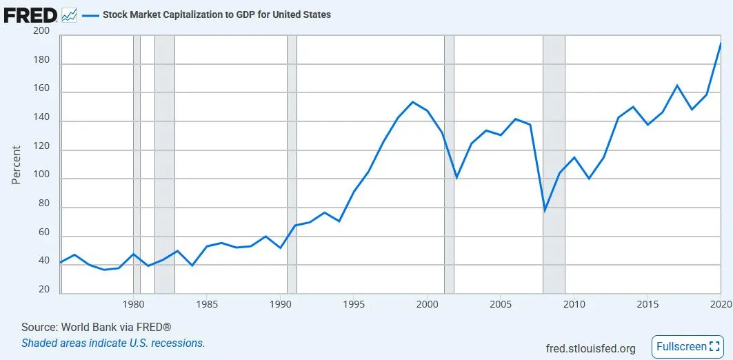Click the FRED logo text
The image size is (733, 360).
(30, 14)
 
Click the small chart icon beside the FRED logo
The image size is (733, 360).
(69, 14)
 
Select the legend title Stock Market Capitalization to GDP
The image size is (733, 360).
(217, 14)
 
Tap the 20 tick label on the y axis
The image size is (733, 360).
(44, 290)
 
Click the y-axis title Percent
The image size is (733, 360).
(17, 164)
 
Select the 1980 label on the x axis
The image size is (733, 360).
(133, 304)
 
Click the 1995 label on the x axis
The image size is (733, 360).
(354, 304)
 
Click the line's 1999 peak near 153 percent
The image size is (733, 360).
(412, 102)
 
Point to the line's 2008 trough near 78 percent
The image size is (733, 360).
(544, 210)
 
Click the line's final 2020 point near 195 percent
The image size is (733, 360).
(721, 43)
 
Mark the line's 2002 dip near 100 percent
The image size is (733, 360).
(456, 177)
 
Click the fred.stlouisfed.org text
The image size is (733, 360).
(590, 348)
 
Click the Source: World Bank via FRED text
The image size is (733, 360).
(96, 327)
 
